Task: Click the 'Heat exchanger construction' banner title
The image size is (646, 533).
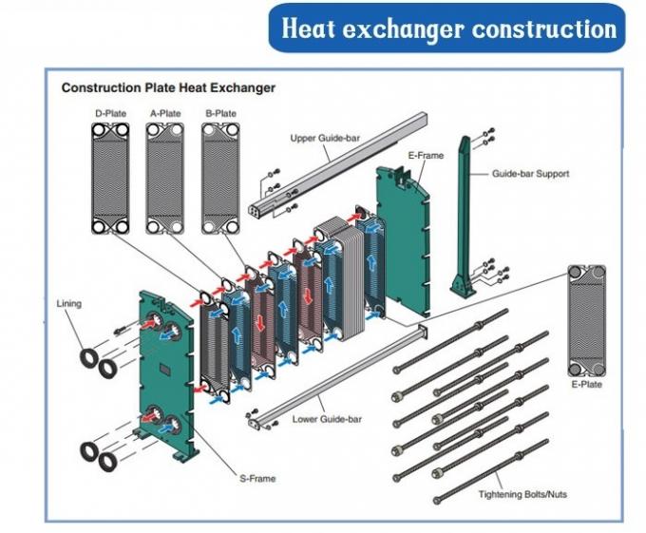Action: pos(450,28)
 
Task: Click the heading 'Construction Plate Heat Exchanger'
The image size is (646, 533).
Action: pos(168,87)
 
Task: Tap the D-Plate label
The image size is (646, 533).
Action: pos(110,113)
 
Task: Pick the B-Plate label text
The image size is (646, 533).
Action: pos(220,113)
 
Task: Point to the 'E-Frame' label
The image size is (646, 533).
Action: pos(426,155)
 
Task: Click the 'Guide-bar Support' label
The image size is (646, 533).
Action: pos(530,175)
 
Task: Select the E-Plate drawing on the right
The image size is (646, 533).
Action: pos(586,322)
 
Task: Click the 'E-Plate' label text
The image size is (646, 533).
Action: pos(587,386)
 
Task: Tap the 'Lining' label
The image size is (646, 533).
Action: pos(69,304)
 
